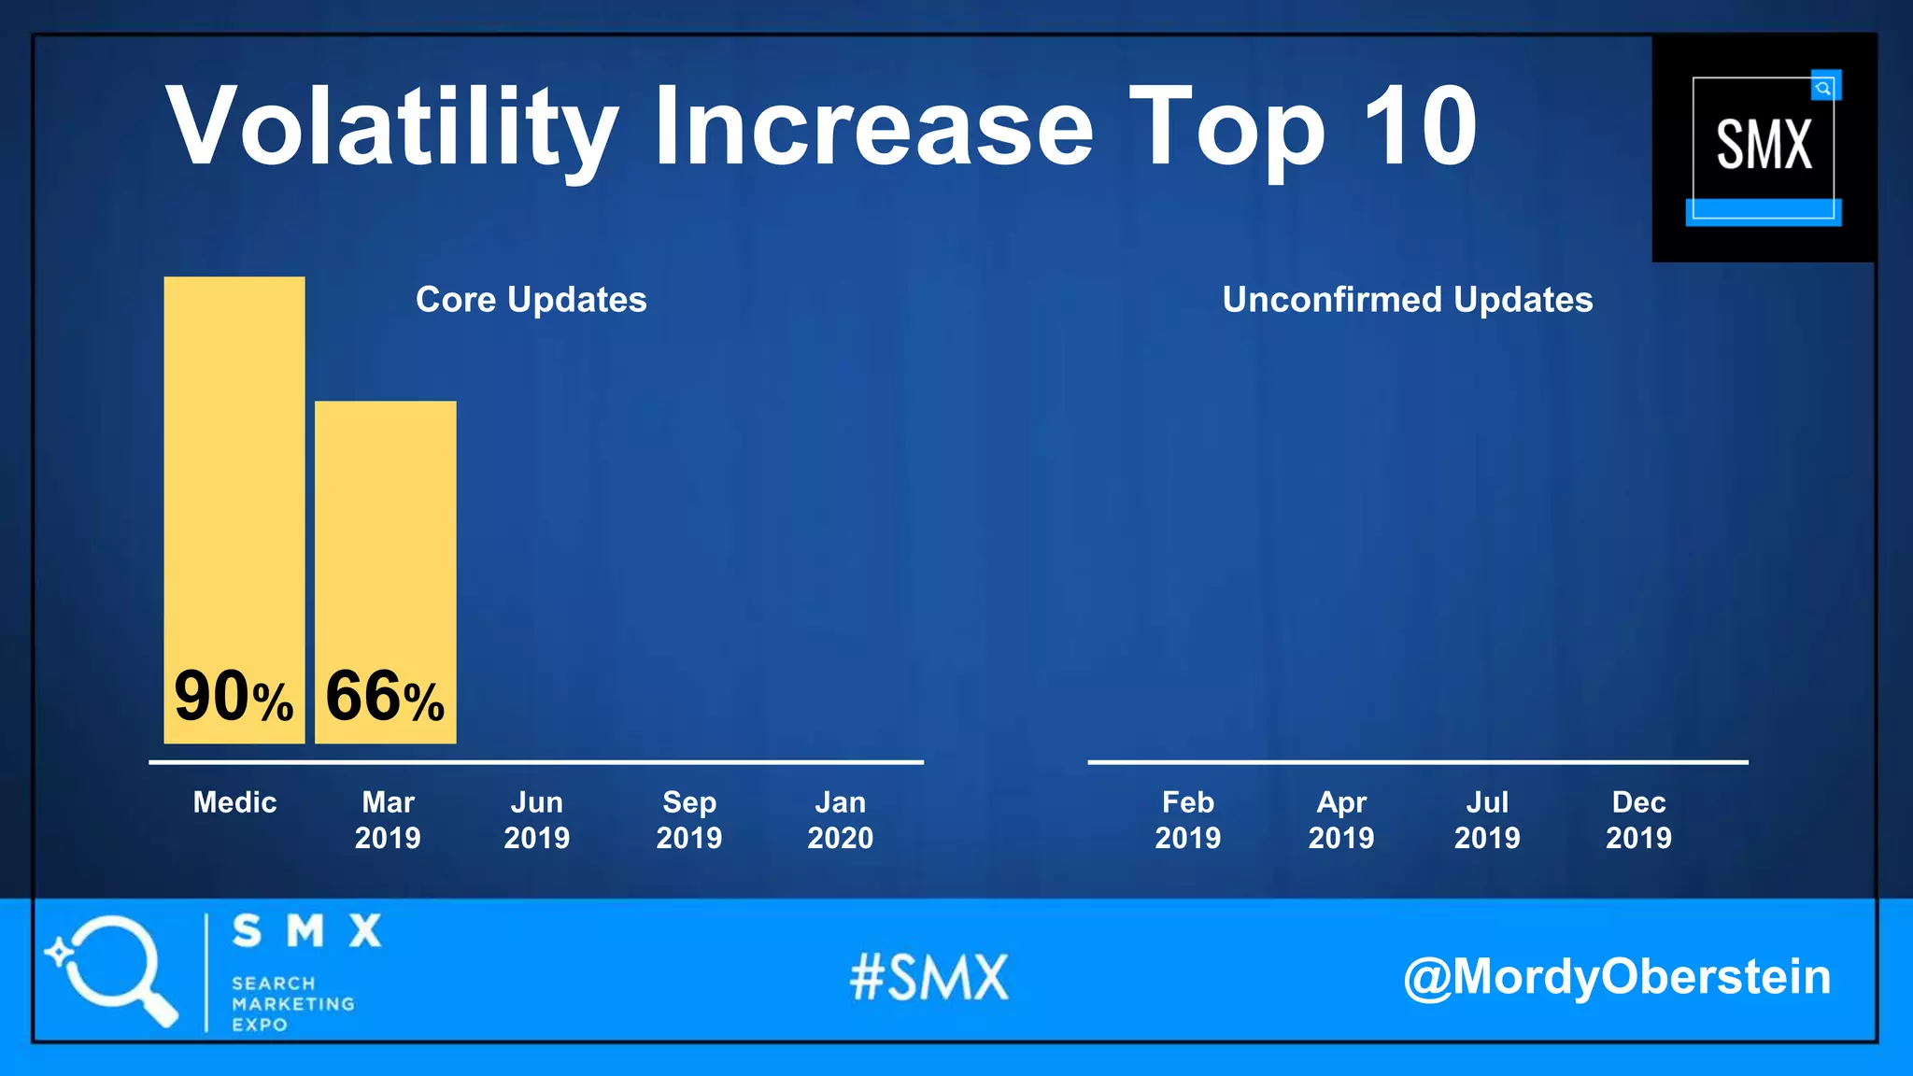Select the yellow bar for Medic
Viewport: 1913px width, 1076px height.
234,467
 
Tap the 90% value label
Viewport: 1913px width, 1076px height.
234,697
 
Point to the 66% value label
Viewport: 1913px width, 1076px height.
385,697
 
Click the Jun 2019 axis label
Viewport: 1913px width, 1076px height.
536,819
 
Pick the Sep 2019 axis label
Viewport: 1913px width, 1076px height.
688,819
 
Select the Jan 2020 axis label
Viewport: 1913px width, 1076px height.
840,819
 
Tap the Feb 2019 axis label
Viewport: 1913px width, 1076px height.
1187,819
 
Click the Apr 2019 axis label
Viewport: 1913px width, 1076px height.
1340,819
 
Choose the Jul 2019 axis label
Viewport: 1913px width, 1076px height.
1486,819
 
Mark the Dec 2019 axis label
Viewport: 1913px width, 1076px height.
1638,819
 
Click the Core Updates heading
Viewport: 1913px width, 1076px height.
531,300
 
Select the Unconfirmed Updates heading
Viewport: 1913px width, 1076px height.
1407,300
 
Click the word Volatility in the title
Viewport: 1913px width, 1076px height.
392,127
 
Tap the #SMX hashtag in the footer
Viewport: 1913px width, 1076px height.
928,977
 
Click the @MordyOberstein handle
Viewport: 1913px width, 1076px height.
1616,977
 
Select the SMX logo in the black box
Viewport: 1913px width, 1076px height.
1763,147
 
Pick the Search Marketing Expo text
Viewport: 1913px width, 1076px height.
291,1003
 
